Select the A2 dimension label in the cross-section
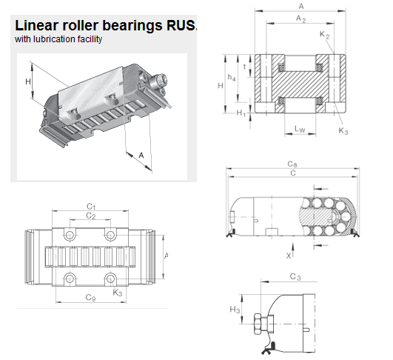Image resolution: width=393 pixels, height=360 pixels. [300, 19]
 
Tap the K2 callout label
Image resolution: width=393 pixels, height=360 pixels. [325, 34]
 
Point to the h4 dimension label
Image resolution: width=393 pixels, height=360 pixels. [232, 78]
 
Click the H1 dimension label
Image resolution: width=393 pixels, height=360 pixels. [241, 113]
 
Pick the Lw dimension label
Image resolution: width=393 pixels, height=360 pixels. [300, 129]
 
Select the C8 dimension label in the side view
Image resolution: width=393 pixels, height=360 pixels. [292, 164]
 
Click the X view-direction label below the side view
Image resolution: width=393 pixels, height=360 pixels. [289, 256]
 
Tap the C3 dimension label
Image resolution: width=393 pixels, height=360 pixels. [295, 277]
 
